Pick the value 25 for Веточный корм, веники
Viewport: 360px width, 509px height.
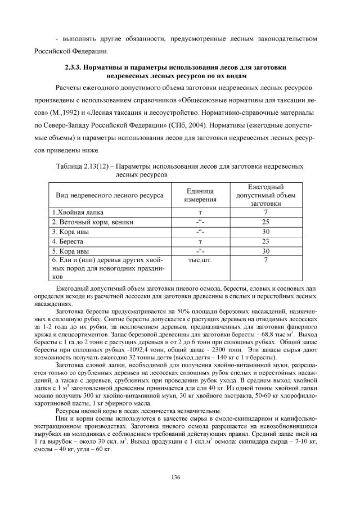coord(265,222)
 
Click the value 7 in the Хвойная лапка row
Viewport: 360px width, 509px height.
coord(265,213)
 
